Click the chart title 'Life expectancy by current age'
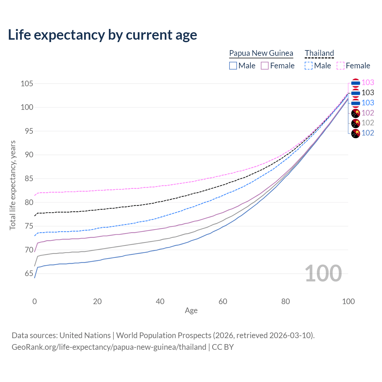coord(102,35)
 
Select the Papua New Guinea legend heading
coord(261,53)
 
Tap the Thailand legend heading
coord(319,53)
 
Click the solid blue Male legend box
coord(233,66)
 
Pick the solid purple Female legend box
coord(265,66)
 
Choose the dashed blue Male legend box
coord(309,66)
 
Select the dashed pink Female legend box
coord(341,66)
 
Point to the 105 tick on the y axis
coord(27,84)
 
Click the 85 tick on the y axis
coord(27,179)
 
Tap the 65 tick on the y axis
coord(27,274)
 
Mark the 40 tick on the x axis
coord(160,301)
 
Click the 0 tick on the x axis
coord(35,301)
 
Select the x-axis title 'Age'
coord(191,311)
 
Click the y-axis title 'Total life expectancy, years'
coord(13,185)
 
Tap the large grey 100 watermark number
coord(323,273)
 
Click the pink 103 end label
coord(368,83)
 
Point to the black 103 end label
coord(368,93)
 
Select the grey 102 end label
coord(368,123)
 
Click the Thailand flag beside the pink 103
coord(355,83)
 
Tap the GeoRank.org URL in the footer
coord(109,347)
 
